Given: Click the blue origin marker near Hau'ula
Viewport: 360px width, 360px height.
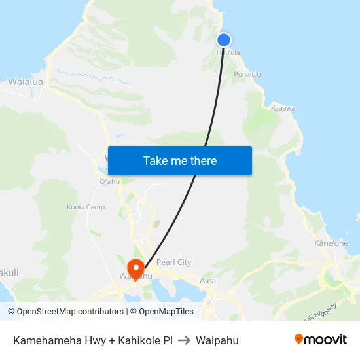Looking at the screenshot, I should tap(223, 40).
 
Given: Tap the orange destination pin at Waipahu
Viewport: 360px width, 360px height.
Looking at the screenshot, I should tap(136, 268).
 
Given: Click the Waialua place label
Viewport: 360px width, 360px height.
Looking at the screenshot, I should tap(26, 82).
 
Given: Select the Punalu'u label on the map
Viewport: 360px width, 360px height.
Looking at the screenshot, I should tap(247, 75).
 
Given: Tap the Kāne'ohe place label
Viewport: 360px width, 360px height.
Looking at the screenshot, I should tap(331, 243).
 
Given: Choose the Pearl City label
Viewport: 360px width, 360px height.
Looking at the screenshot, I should tap(173, 262).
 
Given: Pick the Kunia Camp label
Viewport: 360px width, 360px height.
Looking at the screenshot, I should tap(86, 207).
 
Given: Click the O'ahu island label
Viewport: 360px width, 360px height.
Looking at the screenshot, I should tap(109, 181).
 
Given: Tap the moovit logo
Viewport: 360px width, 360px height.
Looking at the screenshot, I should tap(321, 340).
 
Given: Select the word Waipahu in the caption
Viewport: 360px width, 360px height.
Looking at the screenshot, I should tap(217, 340).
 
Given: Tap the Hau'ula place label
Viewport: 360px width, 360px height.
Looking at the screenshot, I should tap(227, 52).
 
